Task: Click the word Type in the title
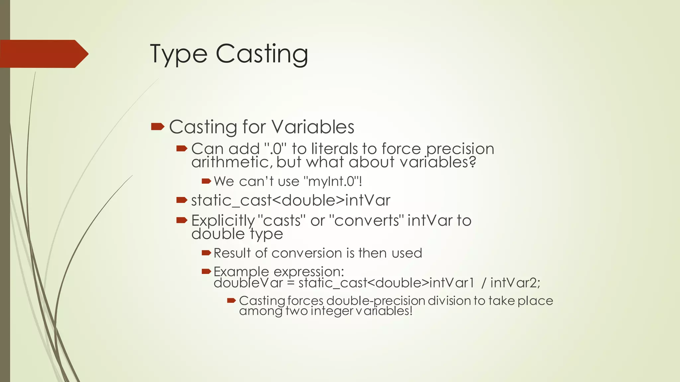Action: coord(179,54)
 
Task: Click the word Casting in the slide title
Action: coord(262,54)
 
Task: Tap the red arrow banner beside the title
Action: coord(43,54)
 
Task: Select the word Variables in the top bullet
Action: coord(313,127)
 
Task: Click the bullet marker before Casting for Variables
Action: coord(158,126)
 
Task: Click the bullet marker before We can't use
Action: coord(206,181)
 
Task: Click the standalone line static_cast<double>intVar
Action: coord(291,200)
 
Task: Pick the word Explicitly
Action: coord(223,221)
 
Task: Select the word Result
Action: coord(232,253)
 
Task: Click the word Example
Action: coord(241,272)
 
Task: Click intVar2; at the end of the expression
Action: coord(515,283)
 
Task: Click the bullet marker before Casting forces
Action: coord(231,301)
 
